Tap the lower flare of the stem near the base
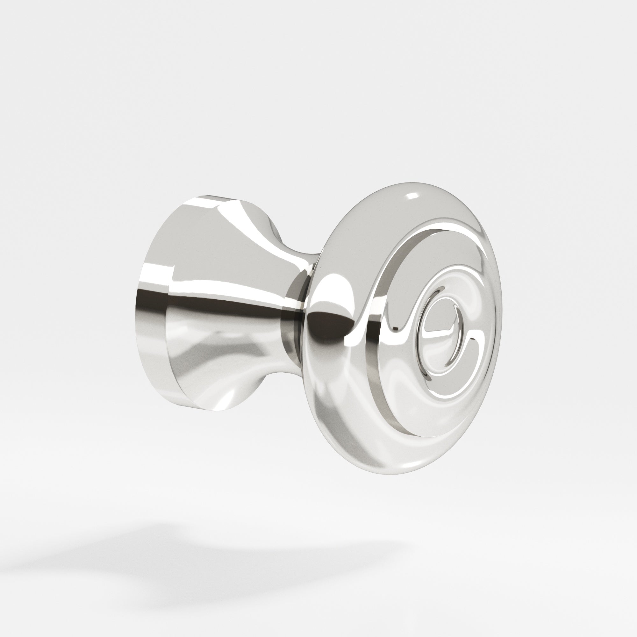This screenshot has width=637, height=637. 231,379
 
